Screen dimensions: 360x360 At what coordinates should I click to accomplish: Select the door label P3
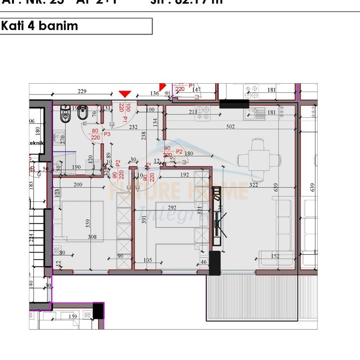coord(107,134)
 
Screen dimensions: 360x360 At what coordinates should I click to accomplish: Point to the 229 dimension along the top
coord(82,91)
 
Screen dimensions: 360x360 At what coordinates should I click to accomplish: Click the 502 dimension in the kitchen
coord(230,127)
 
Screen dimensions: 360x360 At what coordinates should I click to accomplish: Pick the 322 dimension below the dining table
coord(253,184)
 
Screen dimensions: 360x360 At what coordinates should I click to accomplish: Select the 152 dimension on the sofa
coord(275,256)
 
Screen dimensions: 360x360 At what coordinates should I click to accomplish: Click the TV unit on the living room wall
coord(217,217)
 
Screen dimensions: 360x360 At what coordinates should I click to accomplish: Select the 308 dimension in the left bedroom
coord(92,237)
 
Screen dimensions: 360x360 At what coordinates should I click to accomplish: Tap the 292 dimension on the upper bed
coord(172,208)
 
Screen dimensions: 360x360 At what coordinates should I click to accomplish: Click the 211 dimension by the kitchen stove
coord(193,112)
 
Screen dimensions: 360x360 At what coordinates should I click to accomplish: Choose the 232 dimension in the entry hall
coord(133,127)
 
